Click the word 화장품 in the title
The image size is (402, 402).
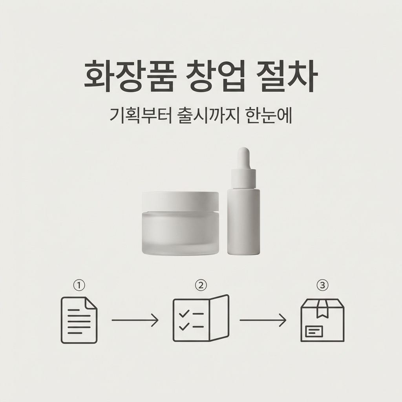[130, 77]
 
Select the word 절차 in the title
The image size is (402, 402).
[287, 77]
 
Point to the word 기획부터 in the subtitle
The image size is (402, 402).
[141, 116]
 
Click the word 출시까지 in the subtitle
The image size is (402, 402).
[208, 116]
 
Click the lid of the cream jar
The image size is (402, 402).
[181, 201]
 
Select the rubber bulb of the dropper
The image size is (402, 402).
[243, 158]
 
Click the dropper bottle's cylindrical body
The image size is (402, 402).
[243, 222]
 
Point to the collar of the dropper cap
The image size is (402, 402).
[243, 179]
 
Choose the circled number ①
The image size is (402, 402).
[79, 285]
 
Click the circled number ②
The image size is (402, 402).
[201, 285]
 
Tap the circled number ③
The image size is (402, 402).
[323, 285]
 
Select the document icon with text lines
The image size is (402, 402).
[79, 320]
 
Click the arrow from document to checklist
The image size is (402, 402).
[135, 320]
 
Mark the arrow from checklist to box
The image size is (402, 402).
[263, 320]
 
